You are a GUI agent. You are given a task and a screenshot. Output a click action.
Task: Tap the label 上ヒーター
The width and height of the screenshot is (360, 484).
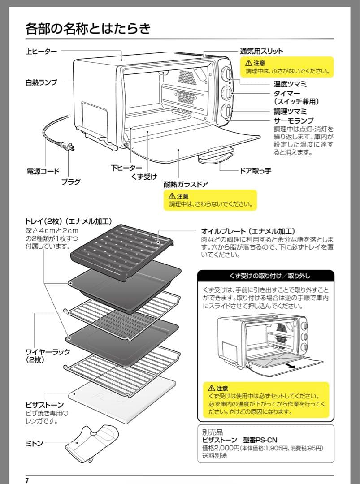pyautogui.click(x=41, y=52)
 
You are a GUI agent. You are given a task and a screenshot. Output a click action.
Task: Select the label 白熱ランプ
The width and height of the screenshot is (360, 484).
pyautogui.click(x=41, y=82)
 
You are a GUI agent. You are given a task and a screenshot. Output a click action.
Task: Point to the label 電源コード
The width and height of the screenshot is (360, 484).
pyautogui.click(x=43, y=171)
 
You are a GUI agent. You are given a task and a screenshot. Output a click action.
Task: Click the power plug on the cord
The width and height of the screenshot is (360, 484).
pyautogui.click(x=67, y=147)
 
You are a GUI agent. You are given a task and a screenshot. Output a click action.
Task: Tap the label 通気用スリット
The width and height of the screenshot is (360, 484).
pyautogui.click(x=262, y=51)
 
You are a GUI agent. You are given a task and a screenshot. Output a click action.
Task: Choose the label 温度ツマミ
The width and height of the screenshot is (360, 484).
pyautogui.click(x=290, y=84)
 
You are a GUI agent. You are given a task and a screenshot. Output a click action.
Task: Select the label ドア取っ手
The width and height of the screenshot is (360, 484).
pyautogui.click(x=256, y=171)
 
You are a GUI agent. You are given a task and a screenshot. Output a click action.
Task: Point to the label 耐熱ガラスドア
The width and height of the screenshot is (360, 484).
pyautogui.click(x=186, y=184)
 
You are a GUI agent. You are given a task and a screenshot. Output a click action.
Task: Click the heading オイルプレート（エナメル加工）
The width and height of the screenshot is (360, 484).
pyautogui.click(x=248, y=231)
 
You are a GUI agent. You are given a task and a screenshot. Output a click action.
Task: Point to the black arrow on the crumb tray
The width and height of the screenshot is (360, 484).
pyautogui.click(x=291, y=366)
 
